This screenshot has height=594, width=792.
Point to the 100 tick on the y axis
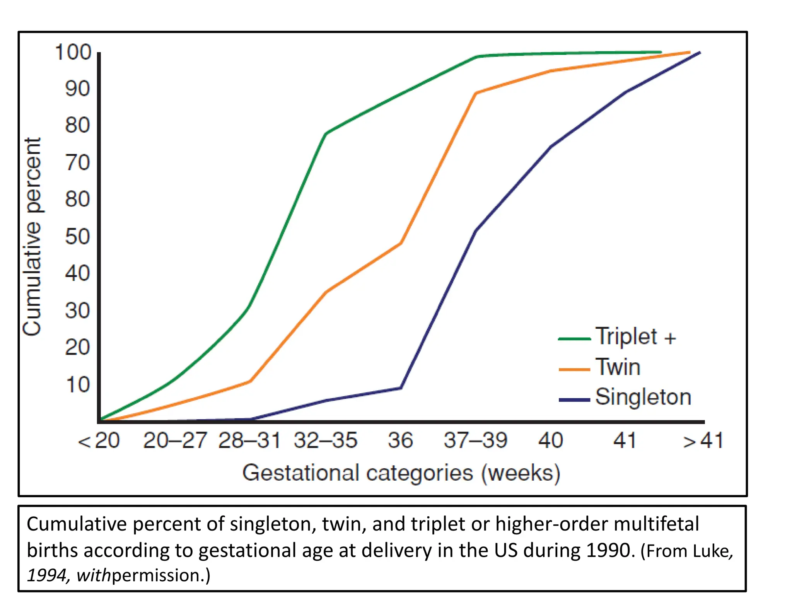pyautogui.click(x=73, y=52)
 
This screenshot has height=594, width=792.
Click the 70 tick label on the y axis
pyautogui.click(x=77, y=162)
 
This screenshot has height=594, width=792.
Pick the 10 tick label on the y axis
pyautogui.click(x=78, y=385)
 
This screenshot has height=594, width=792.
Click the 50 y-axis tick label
pyautogui.click(x=77, y=236)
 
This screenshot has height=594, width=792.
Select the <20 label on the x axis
pyautogui.click(x=99, y=440)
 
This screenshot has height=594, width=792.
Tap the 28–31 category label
pyautogui.click(x=249, y=440)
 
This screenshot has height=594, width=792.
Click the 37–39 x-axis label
pyautogui.click(x=475, y=440)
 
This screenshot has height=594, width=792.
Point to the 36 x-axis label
pyautogui.click(x=400, y=440)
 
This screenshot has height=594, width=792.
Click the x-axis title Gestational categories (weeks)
pyautogui.click(x=401, y=473)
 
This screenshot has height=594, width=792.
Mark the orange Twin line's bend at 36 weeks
pyautogui.click(x=401, y=243)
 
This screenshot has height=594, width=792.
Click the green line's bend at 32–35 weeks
pyautogui.click(x=326, y=134)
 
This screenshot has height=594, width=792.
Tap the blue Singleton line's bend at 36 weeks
pyautogui.click(x=401, y=388)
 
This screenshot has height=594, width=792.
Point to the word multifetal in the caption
pyautogui.click(x=656, y=524)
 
